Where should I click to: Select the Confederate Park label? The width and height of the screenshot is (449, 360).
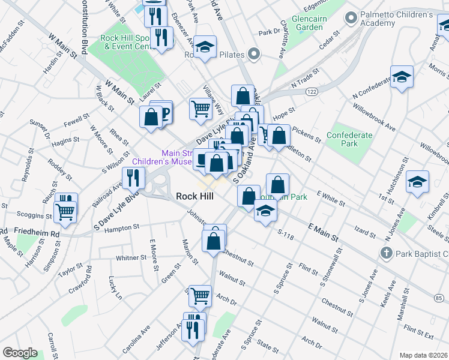point(349,140)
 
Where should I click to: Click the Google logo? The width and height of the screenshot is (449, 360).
point(20,353)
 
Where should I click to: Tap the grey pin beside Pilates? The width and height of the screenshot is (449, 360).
point(255,55)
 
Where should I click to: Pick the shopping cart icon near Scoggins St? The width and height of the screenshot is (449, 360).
point(65,211)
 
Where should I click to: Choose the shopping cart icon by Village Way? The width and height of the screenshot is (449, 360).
point(200,109)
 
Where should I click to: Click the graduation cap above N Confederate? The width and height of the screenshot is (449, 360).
point(401,76)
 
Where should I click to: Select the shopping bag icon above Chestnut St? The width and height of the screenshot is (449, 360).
point(214,241)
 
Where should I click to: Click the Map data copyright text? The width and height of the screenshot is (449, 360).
point(423,355)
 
